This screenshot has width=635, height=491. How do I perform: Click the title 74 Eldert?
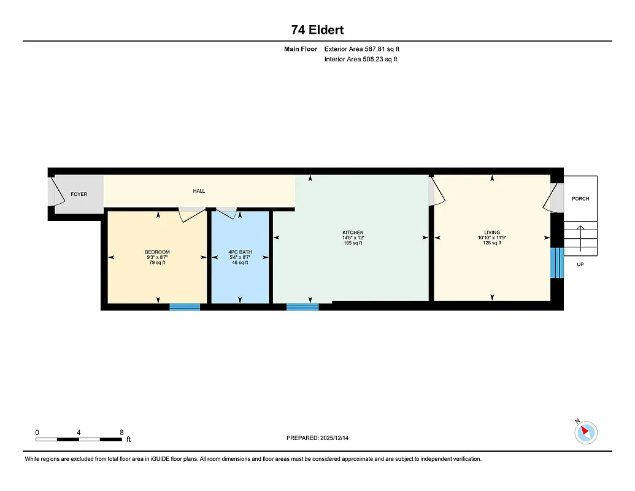tap(317, 30)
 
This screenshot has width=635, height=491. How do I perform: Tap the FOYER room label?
tap(79, 195)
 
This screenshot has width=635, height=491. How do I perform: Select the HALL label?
tap(199, 191)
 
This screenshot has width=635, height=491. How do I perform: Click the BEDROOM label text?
tap(157, 252)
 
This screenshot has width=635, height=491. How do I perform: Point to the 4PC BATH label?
tap(240, 252)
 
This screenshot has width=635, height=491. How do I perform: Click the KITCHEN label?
tap(353, 233)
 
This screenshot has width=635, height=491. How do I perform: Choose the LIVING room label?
tap(492, 233)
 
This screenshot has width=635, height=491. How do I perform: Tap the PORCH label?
tap(580, 199)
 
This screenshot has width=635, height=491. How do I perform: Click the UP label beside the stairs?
tap(580, 265)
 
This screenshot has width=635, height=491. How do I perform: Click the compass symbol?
tap(586, 432)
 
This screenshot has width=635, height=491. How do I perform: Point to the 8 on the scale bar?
tap(121, 433)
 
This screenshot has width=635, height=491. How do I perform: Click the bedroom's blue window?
tap(185, 307)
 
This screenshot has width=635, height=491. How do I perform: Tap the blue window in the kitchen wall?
tap(302, 307)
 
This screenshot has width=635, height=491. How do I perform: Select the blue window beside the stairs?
tap(556, 263)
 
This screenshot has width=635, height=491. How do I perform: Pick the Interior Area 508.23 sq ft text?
tap(361, 60)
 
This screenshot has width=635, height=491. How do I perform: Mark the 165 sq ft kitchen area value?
tap(353, 243)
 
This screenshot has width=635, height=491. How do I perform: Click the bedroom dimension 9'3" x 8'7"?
tap(157, 257)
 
